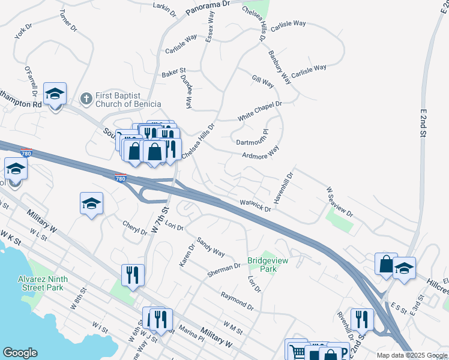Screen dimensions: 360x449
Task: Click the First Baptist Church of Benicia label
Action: (128, 100)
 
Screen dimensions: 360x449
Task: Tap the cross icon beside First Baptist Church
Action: (86, 98)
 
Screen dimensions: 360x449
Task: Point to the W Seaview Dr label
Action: (340, 201)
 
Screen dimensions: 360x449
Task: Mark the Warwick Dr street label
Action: (255, 206)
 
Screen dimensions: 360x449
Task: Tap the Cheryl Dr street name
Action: (134, 228)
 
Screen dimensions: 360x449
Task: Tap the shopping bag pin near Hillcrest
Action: (386, 263)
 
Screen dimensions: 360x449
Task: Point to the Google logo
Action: (20, 353)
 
